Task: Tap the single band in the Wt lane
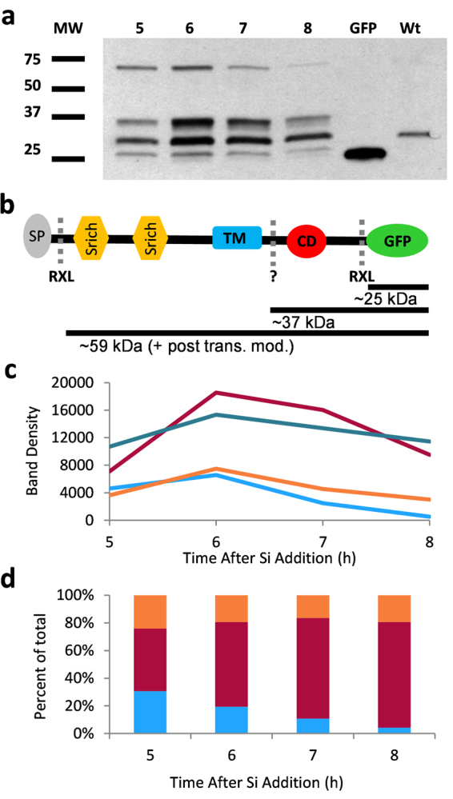tap(414, 134)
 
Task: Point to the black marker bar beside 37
tap(68, 117)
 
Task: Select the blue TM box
tap(237, 238)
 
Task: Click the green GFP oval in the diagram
tap(397, 239)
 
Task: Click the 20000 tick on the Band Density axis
tap(77, 383)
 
